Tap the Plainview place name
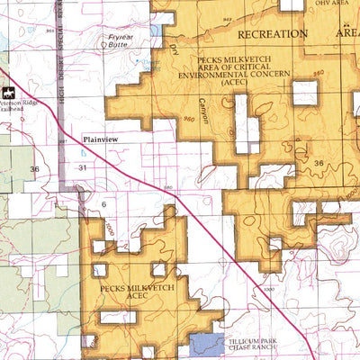(100, 139)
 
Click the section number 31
(84, 168)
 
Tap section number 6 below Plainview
(103, 204)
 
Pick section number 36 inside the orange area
(319, 162)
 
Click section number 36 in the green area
(34, 168)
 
